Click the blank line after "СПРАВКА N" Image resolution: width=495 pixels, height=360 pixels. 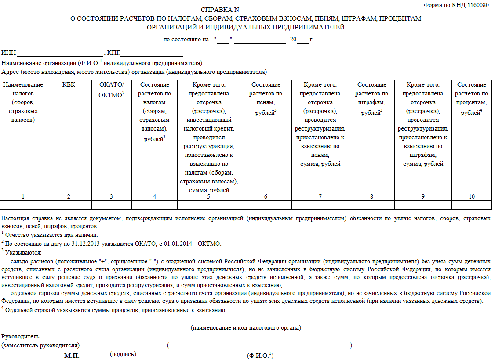(263, 10)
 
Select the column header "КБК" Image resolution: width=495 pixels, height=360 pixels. (69, 85)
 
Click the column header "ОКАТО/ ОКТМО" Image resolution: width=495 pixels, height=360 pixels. (112, 89)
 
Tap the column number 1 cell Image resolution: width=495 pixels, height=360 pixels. (23, 196)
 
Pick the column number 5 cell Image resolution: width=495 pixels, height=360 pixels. (209, 196)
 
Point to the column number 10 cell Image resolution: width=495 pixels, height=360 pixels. (471, 196)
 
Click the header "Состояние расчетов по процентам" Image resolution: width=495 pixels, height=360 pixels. (471, 98)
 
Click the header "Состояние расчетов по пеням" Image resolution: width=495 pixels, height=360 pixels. (266, 98)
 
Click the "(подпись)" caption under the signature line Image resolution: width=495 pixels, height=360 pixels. (124, 354)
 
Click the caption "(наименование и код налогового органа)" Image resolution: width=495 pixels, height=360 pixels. (246, 327)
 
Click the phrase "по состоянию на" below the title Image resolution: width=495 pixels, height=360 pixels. (186, 39)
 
